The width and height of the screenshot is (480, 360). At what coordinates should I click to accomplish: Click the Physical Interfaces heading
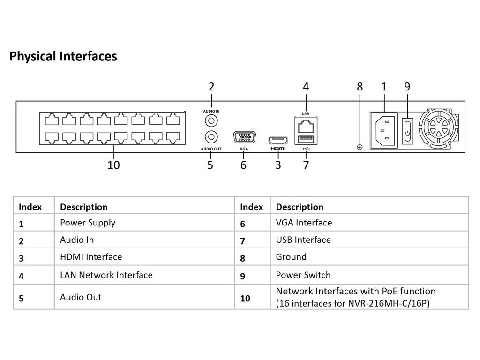[x=63, y=57]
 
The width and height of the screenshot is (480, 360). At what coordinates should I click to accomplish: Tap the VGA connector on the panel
[x=243, y=137]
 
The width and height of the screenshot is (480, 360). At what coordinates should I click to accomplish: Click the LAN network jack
[x=306, y=125]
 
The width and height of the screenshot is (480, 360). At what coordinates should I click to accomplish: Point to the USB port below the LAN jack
[x=306, y=139]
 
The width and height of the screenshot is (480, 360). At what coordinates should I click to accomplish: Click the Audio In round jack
[x=211, y=120]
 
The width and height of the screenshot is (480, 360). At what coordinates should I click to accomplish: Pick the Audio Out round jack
[x=211, y=137]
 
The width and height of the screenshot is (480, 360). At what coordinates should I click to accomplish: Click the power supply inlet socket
[x=384, y=130]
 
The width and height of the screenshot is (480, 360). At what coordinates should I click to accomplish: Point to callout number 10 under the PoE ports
[x=113, y=165]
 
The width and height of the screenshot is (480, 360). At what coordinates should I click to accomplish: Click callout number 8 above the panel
[x=360, y=86]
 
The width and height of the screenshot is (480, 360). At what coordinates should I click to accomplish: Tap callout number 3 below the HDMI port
[x=278, y=165]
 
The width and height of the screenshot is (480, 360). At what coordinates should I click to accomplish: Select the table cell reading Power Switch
[x=303, y=275]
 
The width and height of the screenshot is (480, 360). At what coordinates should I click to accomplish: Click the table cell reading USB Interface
[x=303, y=240]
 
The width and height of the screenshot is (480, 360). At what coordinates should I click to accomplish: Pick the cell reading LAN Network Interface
[x=106, y=275]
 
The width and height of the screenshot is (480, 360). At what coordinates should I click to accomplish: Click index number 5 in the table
[x=22, y=298]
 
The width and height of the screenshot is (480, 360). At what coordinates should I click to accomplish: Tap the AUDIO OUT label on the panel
[x=211, y=148]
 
